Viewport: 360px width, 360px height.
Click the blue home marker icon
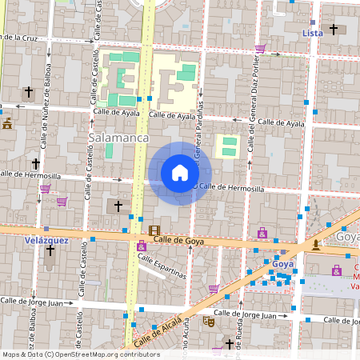(x=180, y=173)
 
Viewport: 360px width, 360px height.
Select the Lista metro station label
(x=313, y=33)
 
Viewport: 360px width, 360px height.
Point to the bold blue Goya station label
(x=283, y=263)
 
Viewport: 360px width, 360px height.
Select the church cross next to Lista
(x=334, y=30)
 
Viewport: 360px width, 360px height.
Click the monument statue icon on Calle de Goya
(x=317, y=245)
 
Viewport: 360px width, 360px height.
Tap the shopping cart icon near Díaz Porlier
(x=259, y=49)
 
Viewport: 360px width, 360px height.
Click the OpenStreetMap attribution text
(x=80, y=354)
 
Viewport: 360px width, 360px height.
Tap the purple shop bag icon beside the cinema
(x=142, y=246)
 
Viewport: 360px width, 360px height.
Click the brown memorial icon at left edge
(x=7, y=124)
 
